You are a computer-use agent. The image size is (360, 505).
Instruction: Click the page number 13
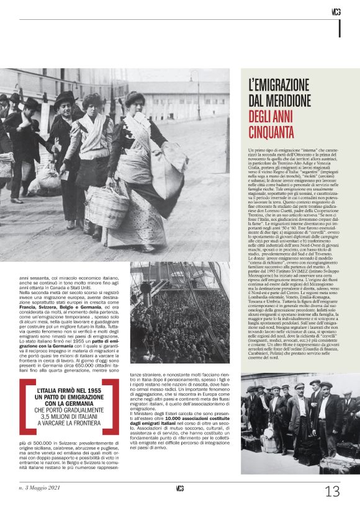(332, 491)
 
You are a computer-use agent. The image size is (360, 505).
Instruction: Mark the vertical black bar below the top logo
(340, 28)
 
